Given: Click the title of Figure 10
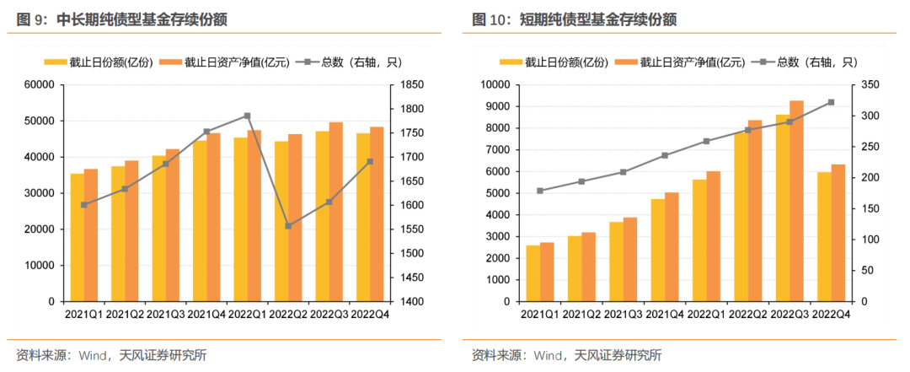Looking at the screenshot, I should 574,19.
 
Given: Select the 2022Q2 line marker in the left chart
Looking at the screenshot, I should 288,226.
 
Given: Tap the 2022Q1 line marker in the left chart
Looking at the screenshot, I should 247,116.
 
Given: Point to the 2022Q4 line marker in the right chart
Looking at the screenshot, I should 831,102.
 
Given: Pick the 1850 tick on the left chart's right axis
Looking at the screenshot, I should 413,84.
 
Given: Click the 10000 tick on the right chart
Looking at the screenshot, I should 494,84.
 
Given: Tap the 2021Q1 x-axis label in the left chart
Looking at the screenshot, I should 84,315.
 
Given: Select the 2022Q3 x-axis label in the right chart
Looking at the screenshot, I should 790,315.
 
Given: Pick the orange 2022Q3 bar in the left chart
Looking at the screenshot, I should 336,212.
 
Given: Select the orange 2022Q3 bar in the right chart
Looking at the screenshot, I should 797,201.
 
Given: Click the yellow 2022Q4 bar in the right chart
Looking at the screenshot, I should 824,236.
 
